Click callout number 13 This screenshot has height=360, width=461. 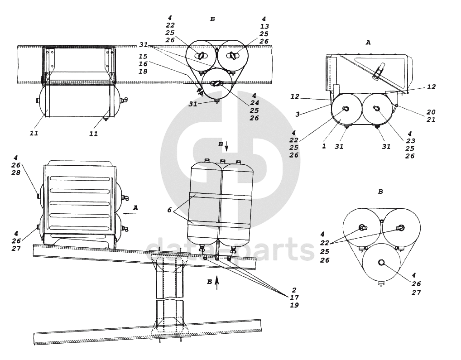coord(264,26)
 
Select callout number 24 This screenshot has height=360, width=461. coord(255,103)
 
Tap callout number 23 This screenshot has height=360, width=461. coord(410,141)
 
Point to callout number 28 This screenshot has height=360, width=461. coord(16,172)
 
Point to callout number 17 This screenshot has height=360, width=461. coord(294,298)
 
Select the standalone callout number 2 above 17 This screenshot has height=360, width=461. coord(294,290)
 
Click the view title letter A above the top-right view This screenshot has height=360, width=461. coord(368,43)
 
